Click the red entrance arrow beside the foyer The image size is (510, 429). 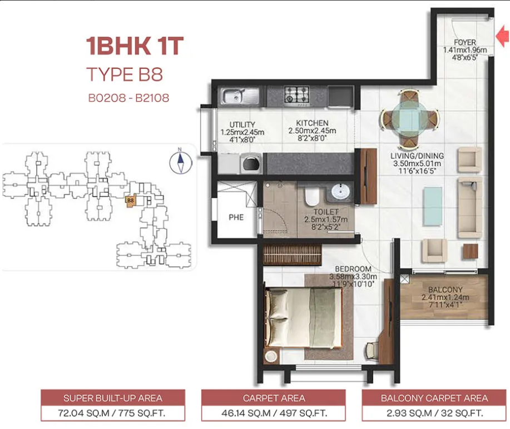[x=503, y=37]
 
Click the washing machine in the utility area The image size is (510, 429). [x=251, y=163]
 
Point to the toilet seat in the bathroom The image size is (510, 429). [x=312, y=196]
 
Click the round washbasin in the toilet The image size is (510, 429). [x=340, y=191]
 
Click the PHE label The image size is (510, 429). [x=236, y=217]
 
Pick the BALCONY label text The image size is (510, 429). [x=445, y=290]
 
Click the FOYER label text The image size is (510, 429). [x=465, y=42]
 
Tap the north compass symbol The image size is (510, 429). [x=181, y=162]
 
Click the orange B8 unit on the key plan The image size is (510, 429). [x=131, y=200]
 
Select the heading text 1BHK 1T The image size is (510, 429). [x=135, y=46]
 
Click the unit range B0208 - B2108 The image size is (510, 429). [x=128, y=98]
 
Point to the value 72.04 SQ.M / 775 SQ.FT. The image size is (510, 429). [x=112, y=413]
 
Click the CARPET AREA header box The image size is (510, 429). [x=274, y=398]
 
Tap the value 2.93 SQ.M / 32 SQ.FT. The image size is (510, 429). [x=434, y=413]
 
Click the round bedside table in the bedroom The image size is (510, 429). [x=271, y=356]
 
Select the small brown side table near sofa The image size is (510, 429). [x=471, y=251]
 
